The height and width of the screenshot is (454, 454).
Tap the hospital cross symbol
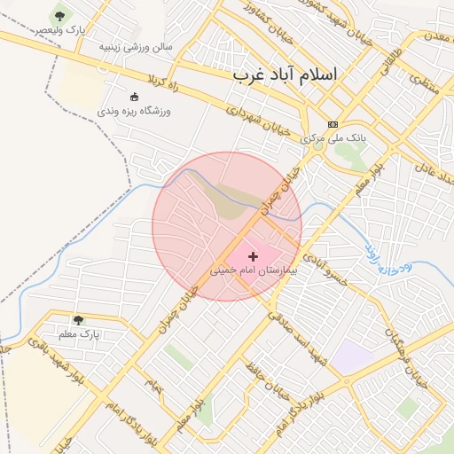click(x=254, y=256)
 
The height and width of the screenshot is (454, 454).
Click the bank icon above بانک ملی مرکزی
click(x=333, y=124)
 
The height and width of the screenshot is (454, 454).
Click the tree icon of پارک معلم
click(x=78, y=319)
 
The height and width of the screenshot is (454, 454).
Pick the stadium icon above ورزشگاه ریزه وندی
click(x=134, y=97)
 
